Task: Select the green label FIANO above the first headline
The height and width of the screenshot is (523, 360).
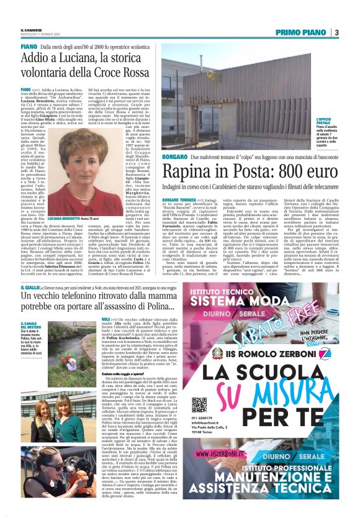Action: pyautogui.click(x=29, y=47)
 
